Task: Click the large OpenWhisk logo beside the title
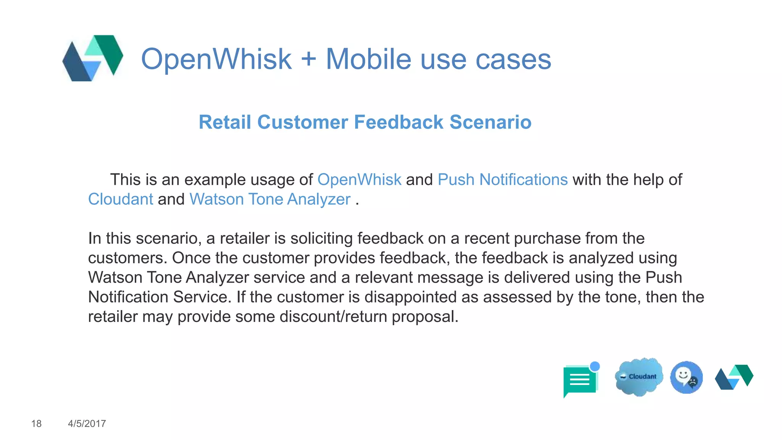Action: [93, 58]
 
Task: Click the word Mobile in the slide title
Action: [368, 59]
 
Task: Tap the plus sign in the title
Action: [309, 60]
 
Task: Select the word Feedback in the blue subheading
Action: [399, 122]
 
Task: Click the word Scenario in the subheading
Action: [490, 122]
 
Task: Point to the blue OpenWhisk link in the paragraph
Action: [359, 180]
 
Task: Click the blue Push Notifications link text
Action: [502, 180]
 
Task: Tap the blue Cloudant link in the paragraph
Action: [121, 199]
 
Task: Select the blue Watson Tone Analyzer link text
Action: [270, 199]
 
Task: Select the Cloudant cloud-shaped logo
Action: [639, 377]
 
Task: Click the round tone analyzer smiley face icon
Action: [686, 377]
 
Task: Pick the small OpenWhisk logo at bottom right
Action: [734, 377]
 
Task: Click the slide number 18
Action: [36, 424]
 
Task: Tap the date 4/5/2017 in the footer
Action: [87, 424]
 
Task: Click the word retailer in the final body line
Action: [113, 317]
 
